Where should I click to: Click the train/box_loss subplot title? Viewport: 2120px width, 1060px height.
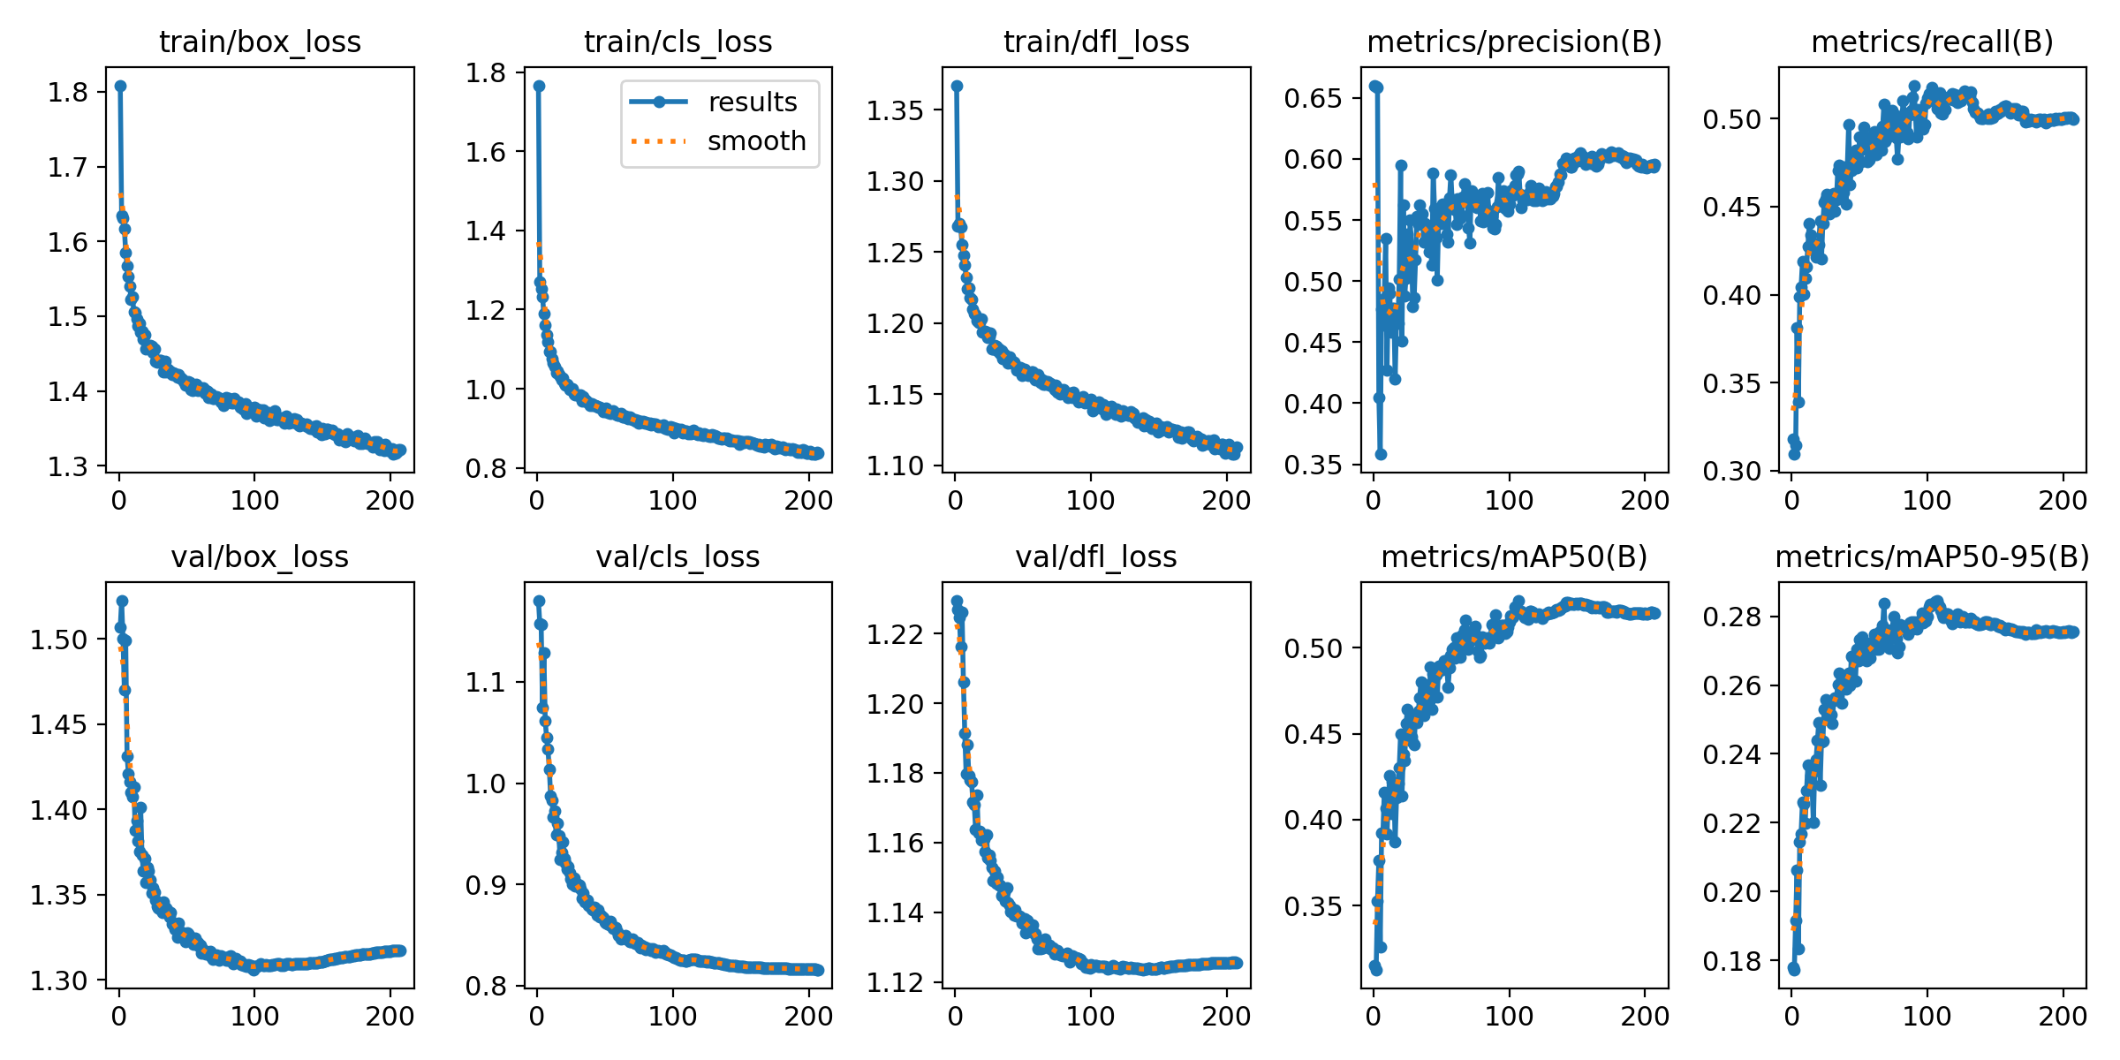click(x=260, y=42)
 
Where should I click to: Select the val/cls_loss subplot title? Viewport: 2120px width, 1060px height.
click(x=678, y=556)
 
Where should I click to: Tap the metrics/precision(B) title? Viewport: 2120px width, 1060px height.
click(x=1514, y=42)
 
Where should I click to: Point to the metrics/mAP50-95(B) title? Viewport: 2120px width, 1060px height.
click(x=1932, y=556)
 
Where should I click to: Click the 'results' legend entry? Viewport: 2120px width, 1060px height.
click(x=752, y=102)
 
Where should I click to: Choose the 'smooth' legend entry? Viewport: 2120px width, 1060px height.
click(x=756, y=140)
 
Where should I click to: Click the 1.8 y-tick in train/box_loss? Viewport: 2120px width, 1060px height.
click(x=68, y=92)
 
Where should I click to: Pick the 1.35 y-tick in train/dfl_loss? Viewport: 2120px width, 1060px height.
click(x=895, y=110)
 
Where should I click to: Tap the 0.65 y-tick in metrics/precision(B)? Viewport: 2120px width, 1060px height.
click(x=1313, y=98)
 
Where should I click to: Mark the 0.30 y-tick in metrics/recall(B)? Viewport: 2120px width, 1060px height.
click(x=1731, y=471)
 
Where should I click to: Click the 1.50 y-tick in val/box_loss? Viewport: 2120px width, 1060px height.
click(x=58, y=640)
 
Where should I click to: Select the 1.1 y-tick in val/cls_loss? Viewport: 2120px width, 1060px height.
click(x=487, y=682)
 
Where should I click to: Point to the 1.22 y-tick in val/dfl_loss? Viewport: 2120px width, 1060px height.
click(x=895, y=634)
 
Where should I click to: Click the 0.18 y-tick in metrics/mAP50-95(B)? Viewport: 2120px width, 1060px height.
click(x=1731, y=961)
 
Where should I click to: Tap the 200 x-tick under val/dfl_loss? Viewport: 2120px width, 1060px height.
click(x=1226, y=1016)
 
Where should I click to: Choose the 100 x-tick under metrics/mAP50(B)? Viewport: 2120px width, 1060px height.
click(x=1509, y=1016)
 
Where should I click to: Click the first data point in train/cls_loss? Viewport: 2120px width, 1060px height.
click(x=539, y=86)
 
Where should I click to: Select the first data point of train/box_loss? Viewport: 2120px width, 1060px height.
click(x=120, y=86)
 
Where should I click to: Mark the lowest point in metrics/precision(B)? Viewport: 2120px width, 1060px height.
click(x=1381, y=454)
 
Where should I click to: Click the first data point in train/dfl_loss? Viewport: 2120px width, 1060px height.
click(x=957, y=86)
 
